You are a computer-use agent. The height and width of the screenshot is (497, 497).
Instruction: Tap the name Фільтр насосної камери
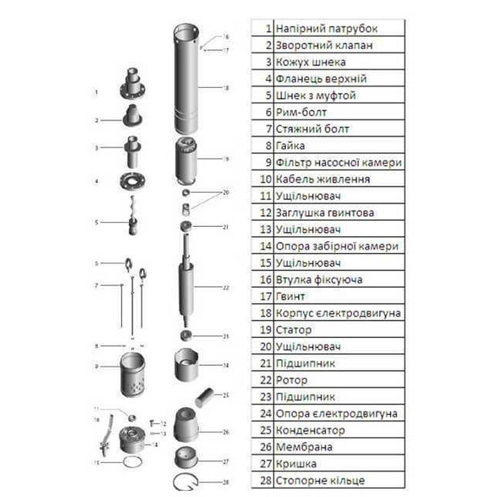[x=338, y=163]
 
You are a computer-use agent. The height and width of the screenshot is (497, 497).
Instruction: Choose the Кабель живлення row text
[x=322, y=179]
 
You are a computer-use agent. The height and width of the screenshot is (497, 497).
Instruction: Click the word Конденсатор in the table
[x=310, y=430]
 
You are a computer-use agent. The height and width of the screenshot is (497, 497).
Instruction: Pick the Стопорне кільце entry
[x=320, y=481]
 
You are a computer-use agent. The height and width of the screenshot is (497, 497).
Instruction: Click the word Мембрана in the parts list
[x=304, y=447]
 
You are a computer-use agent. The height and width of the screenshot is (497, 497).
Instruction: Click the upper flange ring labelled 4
[x=132, y=181]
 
